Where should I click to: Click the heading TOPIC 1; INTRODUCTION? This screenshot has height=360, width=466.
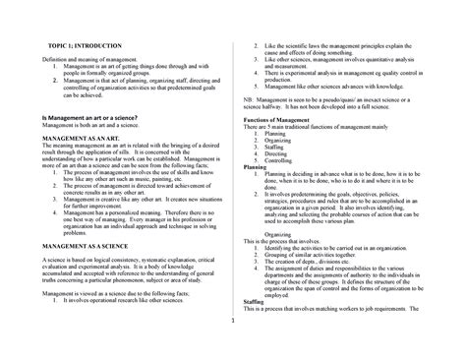pyautogui.click(x=73, y=48)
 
